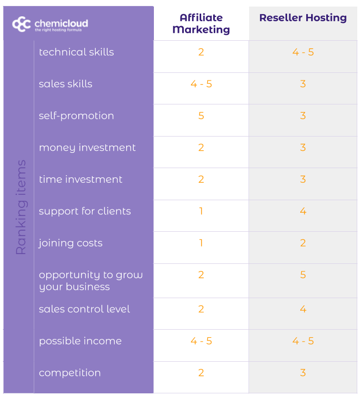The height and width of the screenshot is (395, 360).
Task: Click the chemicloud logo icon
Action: click(x=21, y=24)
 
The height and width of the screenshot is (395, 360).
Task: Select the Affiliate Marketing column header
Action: click(x=201, y=24)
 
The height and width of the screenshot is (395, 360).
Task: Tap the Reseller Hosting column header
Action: click(x=303, y=18)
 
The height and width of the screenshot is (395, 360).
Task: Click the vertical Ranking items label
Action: click(x=21, y=207)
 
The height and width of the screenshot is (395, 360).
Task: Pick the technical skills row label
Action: click(x=76, y=52)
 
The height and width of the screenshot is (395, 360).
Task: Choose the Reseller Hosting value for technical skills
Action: click(x=303, y=52)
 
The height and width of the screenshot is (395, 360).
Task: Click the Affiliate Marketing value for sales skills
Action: click(x=201, y=84)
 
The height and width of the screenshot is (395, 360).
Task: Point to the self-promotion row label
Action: click(x=76, y=116)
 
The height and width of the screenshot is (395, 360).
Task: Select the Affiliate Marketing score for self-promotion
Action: click(x=201, y=116)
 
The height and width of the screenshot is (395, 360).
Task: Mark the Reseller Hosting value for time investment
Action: click(x=303, y=180)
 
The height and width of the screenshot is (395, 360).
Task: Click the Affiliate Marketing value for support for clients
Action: click(x=201, y=211)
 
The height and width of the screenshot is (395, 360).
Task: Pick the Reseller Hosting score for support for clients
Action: click(x=303, y=211)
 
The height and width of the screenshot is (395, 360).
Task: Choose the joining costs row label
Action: click(x=70, y=243)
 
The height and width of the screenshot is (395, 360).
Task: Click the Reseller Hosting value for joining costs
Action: click(x=303, y=243)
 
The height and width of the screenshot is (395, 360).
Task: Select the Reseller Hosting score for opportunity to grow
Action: click(x=303, y=275)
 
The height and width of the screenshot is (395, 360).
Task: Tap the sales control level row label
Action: click(x=84, y=309)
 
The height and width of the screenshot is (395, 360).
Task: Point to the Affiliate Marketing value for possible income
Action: click(x=201, y=341)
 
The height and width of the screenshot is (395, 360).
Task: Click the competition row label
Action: click(x=70, y=373)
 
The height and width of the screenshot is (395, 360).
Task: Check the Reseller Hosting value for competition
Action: click(x=303, y=373)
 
